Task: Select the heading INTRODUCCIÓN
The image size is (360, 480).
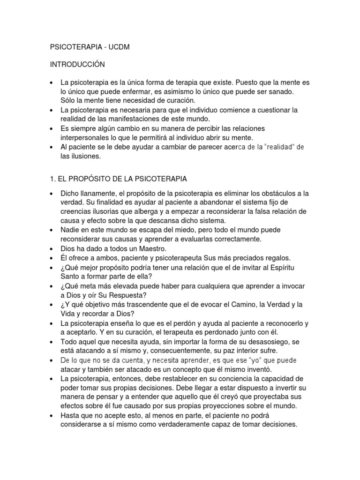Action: point(78,64)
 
